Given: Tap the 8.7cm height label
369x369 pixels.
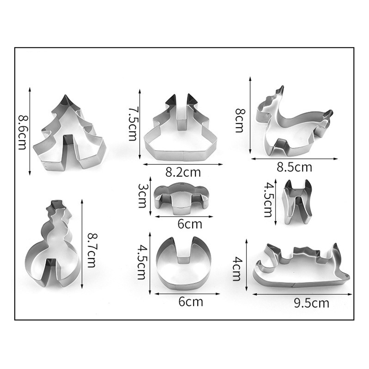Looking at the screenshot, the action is tap(92, 250).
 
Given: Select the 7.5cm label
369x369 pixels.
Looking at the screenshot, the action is tap(133, 124).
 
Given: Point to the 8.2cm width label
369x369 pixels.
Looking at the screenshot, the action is tap(183, 172).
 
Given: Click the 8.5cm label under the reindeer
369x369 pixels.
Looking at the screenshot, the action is tap(294, 167).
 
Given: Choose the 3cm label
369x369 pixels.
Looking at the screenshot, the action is tap(142, 196).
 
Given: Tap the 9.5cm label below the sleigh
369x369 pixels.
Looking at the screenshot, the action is tap(312, 303).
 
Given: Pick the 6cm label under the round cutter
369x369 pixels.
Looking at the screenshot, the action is tap(191, 302).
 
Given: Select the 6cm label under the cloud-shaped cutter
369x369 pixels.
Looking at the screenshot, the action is tap(190, 224).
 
